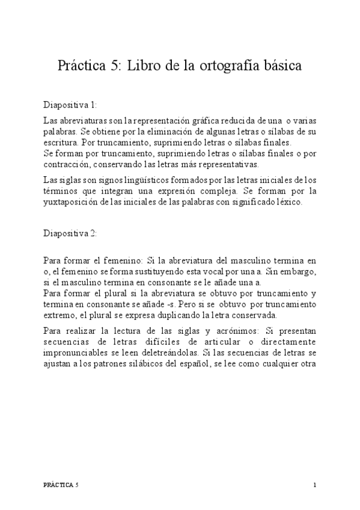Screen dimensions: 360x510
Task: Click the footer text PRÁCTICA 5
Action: click(61, 484)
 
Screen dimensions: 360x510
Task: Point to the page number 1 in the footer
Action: click(314, 484)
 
